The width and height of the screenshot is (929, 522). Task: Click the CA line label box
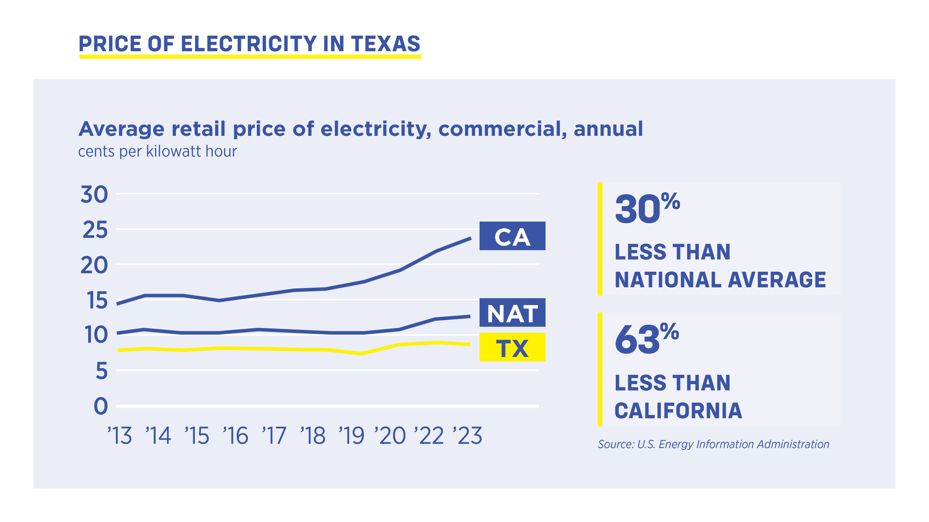pos(512,236)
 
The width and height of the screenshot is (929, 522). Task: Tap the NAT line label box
pos(512,313)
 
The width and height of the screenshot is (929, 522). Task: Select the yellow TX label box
pos(512,347)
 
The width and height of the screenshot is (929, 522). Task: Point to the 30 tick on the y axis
pos(94,195)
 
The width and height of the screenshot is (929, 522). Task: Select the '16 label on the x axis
pos(235,436)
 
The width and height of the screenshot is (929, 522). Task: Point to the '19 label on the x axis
pos(351,436)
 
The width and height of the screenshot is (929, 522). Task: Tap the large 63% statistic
pos(646,339)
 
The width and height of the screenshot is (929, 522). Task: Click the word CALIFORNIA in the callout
pos(678,411)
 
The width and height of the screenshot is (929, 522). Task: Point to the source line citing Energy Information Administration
pos(713,444)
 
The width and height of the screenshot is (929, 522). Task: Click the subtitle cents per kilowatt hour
pos(158,151)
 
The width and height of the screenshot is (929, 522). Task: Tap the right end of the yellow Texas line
pos(469,344)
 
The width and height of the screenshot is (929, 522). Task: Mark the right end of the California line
pos(470,238)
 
